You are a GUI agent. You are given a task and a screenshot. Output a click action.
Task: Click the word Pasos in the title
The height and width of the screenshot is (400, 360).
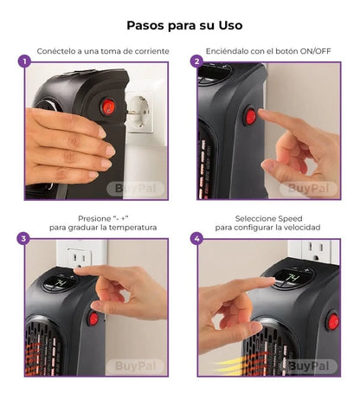click(x=146, y=25)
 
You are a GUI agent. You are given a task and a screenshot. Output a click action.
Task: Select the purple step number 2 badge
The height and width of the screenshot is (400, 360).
click(x=197, y=62)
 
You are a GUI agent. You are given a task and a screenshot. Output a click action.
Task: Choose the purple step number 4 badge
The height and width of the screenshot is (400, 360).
click(x=197, y=238)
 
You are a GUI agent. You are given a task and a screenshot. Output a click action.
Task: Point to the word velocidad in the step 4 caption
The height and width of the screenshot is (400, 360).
click(x=299, y=228)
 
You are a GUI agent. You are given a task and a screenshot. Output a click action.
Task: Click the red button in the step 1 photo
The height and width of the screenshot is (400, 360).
click(x=109, y=106)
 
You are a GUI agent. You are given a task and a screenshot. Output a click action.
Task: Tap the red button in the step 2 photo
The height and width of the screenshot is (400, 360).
click(x=251, y=115)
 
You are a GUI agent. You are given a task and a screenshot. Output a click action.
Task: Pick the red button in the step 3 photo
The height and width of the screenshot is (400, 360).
click(x=93, y=319)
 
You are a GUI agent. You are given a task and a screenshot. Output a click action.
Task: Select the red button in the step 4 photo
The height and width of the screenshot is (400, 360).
click(x=332, y=322)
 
